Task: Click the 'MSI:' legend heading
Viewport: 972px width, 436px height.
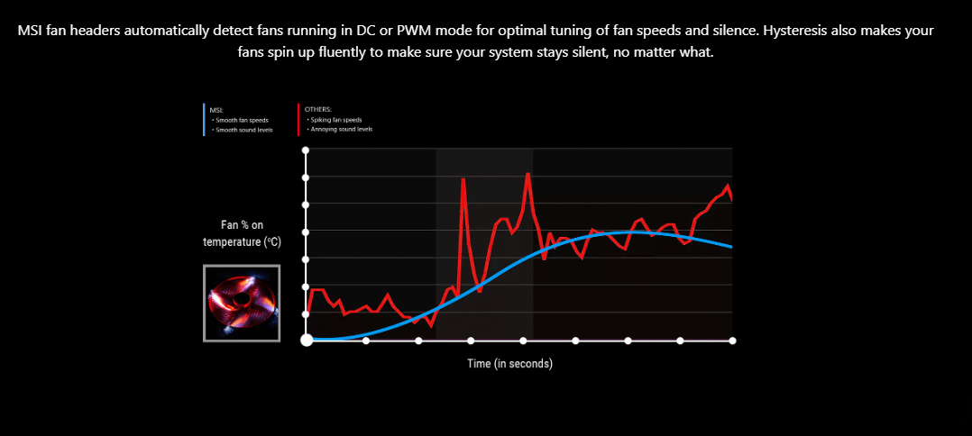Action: click(216, 110)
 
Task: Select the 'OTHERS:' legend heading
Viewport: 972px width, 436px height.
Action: click(318, 109)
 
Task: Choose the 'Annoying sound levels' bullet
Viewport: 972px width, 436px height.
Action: click(342, 129)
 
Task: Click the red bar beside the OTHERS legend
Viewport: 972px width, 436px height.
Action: click(298, 119)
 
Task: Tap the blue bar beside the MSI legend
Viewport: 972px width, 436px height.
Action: click(204, 119)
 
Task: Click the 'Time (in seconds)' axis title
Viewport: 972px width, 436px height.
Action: click(509, 364)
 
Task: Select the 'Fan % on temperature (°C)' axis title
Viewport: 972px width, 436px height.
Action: click(242, 233)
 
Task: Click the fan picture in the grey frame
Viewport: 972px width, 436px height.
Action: click(242, 303)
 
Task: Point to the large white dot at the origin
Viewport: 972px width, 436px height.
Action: click(307, 341)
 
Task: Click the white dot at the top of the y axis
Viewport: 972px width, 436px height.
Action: click(306, 150)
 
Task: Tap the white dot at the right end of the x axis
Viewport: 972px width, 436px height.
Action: click(732, 341)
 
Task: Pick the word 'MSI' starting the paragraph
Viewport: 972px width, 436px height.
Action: click(32, 30)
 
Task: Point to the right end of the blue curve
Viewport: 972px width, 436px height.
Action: click(730, 246)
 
